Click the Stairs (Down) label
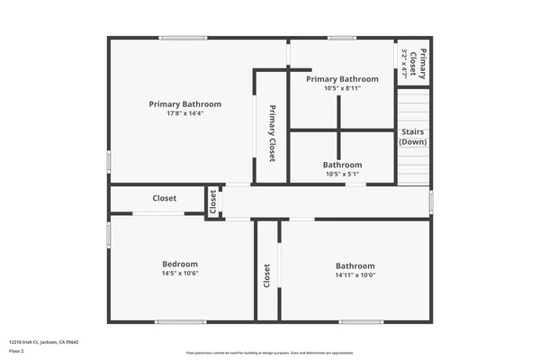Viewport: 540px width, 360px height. [413, 137]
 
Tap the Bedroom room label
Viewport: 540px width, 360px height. [179, 264]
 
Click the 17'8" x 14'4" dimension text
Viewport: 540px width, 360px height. [184, 113]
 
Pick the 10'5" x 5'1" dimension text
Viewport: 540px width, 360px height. [342, 174]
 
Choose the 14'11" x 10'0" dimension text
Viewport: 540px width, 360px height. [355, 274]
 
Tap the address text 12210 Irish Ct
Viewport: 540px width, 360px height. [43, 342]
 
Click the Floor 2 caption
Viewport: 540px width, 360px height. [17, 351]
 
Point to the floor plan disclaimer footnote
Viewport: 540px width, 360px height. [269, 352]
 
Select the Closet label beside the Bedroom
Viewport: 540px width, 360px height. [267, 275]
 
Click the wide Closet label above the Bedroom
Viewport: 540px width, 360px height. [164, 198]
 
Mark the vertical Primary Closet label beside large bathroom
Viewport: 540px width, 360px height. [272, 133]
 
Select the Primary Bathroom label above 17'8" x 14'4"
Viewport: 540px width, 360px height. [184, 104]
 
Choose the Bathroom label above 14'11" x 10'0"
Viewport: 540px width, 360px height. [355, 265]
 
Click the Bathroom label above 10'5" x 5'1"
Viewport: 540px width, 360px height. [342, 165]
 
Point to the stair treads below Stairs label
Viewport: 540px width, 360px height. [413, 166]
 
